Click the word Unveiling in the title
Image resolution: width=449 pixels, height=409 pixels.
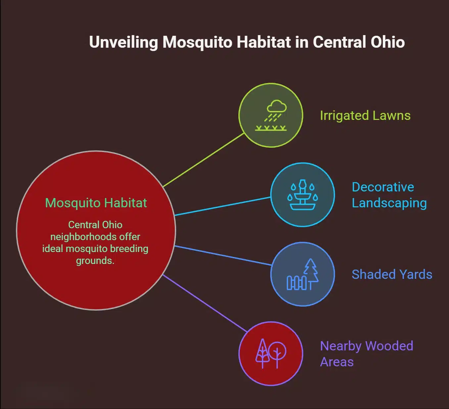124,42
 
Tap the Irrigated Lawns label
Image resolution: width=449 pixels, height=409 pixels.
365,116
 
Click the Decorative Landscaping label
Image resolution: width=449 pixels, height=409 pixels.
389,195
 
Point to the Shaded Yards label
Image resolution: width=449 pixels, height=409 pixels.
392,275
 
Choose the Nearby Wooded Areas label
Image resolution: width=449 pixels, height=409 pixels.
366,354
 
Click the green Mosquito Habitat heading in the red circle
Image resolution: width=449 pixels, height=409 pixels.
96,203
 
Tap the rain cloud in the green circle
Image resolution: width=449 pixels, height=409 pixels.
277,107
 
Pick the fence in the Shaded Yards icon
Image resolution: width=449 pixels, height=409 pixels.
296,283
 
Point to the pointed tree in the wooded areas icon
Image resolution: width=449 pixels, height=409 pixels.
263,353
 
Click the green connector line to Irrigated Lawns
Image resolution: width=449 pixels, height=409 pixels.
204,160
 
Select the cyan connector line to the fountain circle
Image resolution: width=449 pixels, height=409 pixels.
223,206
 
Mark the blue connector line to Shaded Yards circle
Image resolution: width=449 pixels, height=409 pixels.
223,255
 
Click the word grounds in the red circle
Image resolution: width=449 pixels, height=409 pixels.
95,261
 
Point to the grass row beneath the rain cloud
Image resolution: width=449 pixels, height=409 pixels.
271,128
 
